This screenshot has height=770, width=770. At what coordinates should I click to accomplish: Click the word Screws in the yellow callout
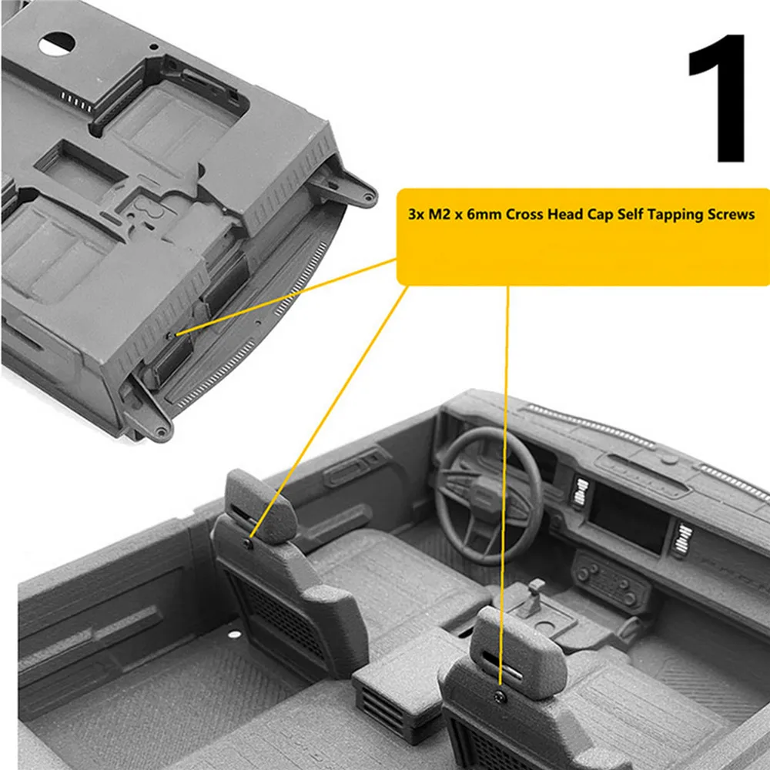[731, 215]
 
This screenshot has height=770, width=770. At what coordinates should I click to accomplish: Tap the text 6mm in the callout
[484, 215]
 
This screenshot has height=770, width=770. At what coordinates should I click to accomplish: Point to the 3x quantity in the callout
[416, 215]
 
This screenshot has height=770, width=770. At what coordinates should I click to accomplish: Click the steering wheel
[489, 496]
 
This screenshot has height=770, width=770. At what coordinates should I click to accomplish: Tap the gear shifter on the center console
[534, 597]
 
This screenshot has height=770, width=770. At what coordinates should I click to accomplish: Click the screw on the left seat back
[248, 543]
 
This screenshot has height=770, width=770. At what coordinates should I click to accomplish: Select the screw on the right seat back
[500, 696]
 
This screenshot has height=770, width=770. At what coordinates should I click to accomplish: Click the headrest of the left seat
[260, 506]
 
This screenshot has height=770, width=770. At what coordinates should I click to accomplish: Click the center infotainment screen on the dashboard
[628, 516]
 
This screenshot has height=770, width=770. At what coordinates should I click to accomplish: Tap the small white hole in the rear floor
[235, 634]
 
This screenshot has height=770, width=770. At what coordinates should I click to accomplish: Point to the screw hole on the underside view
[170, 336]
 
